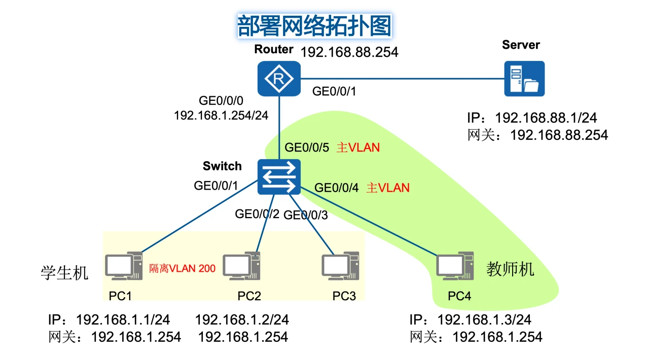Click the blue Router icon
278,79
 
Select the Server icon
524,79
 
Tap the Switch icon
278,176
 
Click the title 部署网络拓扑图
314,25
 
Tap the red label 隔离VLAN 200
182,268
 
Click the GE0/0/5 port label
307,148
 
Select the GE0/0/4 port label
337,188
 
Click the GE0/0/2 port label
257,213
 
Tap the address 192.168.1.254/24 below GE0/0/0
221,115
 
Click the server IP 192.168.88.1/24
546,118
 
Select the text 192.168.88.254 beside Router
349,52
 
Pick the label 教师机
510,268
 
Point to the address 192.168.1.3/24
484,320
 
